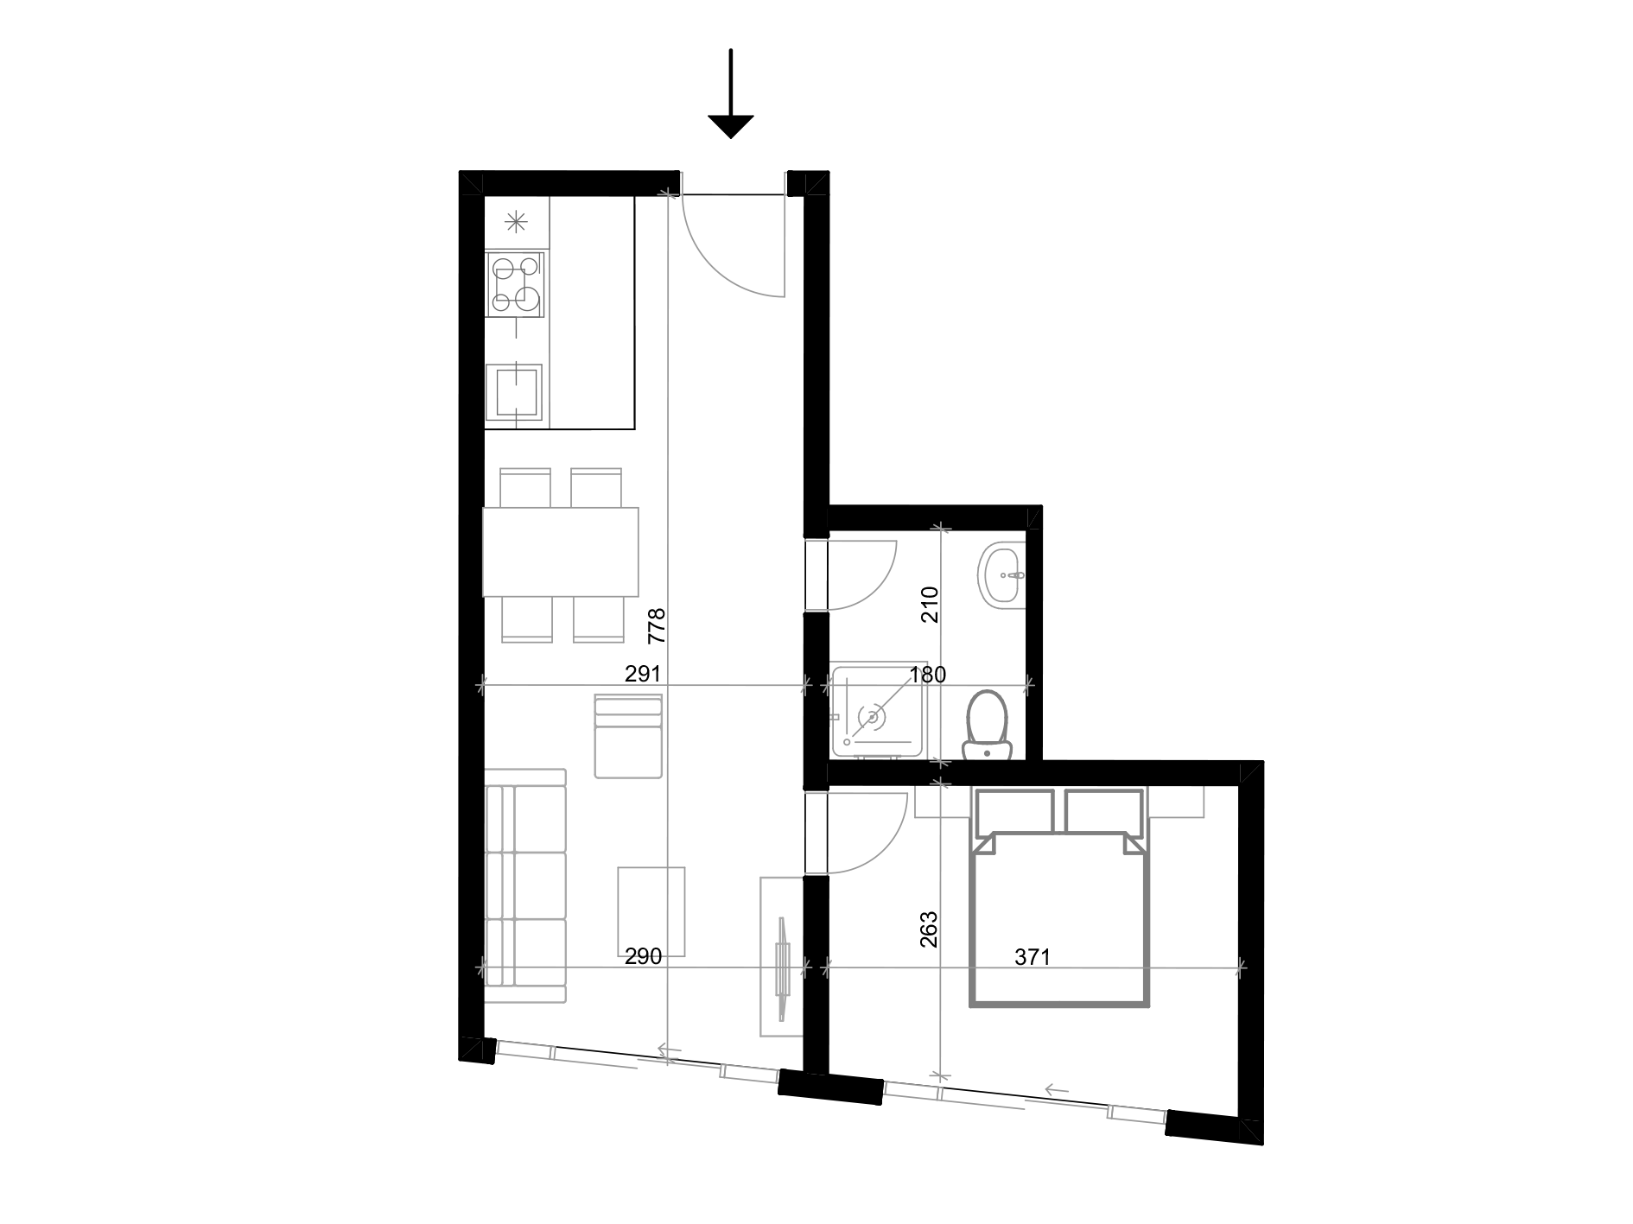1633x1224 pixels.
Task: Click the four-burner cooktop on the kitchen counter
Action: pyautogui.click(x=516, y=283)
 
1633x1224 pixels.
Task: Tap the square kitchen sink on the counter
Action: pyautogui.click(x=515, y=394)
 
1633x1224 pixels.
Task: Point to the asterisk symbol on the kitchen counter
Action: pyautogui.click(x=516, y=223)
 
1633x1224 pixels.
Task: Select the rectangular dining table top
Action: pyautogui.click(x=560, y=551)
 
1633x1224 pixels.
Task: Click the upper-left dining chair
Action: pyautogui.click(x=525, y=487)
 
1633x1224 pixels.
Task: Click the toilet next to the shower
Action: pyautogui.click(x=987, y=724)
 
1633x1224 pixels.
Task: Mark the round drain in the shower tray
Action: pyautogui.click(x=872, y=717)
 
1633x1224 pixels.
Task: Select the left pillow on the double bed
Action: pyautogui.click(x=1014, y=811)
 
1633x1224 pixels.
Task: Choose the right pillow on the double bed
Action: pyautogui.click(x=1103, y=811)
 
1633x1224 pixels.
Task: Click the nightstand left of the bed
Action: pyautogui.click(x=942, y=802)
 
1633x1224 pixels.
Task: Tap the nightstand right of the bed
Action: pyautogui.click(x=1176, y=802)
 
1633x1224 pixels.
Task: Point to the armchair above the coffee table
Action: pyautogui.click(x=628, y=737)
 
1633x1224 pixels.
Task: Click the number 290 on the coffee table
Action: pyautogui.click(x=643, y=954)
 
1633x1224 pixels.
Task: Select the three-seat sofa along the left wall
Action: pyautogui.click(x=525, y=885)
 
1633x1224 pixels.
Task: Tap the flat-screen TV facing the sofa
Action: pyautogui.click(x=783, y=968)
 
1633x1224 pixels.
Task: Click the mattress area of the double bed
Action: pyautogui.click(x=1059, y=924)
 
